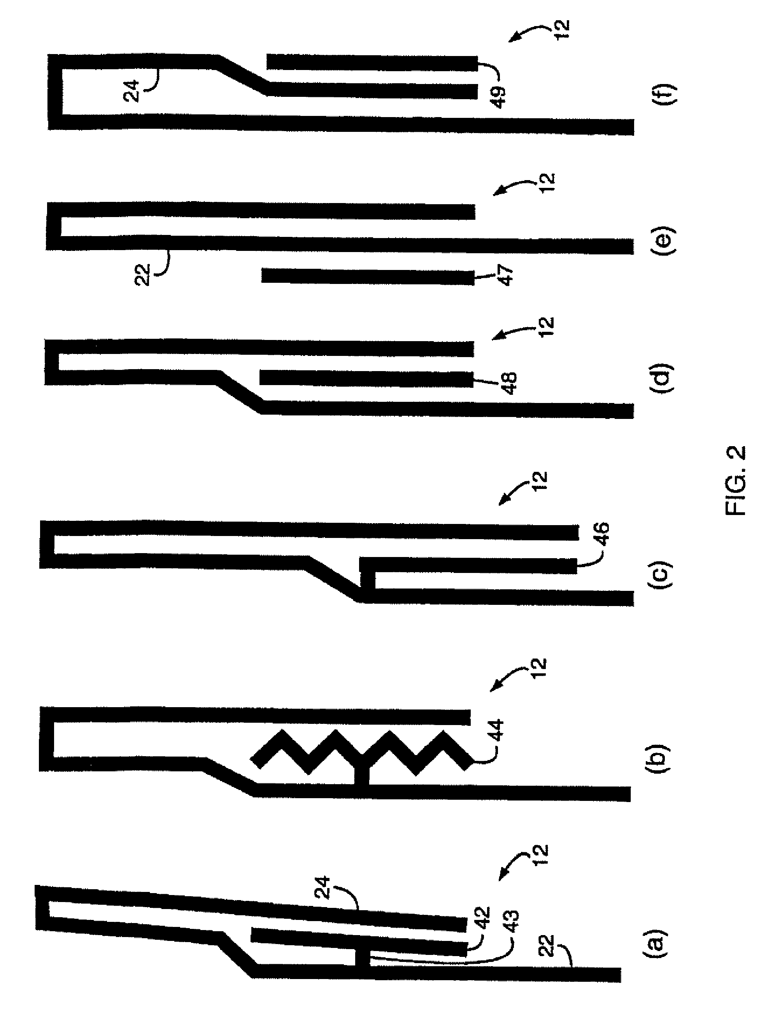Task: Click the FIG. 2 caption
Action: (735, 480)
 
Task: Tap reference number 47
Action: (506, 275)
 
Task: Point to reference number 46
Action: (601, 534)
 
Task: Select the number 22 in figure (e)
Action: (142, 275)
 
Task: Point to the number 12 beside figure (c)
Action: (539, 481)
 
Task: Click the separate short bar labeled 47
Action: (368, 277)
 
